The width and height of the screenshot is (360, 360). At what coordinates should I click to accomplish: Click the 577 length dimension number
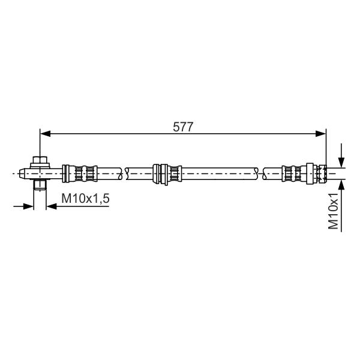tap(183, 127)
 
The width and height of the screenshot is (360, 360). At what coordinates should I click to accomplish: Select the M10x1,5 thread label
tap(85, 199)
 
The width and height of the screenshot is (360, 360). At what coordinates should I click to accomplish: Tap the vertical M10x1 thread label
tap(333, 211)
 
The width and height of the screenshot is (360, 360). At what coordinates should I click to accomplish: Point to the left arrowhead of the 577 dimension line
tap(45, 133)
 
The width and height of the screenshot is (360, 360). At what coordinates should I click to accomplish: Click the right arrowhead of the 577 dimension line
tap(321, 133)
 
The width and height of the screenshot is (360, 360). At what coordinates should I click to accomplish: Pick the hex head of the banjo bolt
tap(40, 160)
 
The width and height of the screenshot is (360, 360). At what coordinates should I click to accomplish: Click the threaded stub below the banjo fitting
tap(40, 185)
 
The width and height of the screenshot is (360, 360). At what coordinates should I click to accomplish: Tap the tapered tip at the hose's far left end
tap(22, 174)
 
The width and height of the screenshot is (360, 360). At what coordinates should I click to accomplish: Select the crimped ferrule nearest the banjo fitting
tap(84, 174)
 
